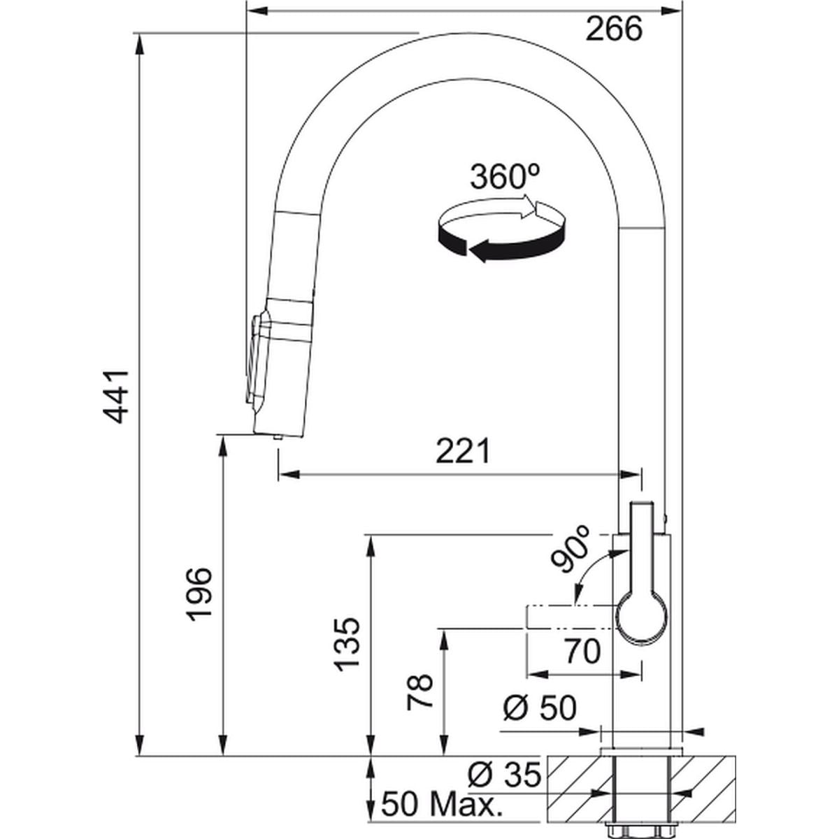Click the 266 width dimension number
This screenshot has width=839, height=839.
click(613, 29)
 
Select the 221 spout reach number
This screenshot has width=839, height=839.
click(464, 451)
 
